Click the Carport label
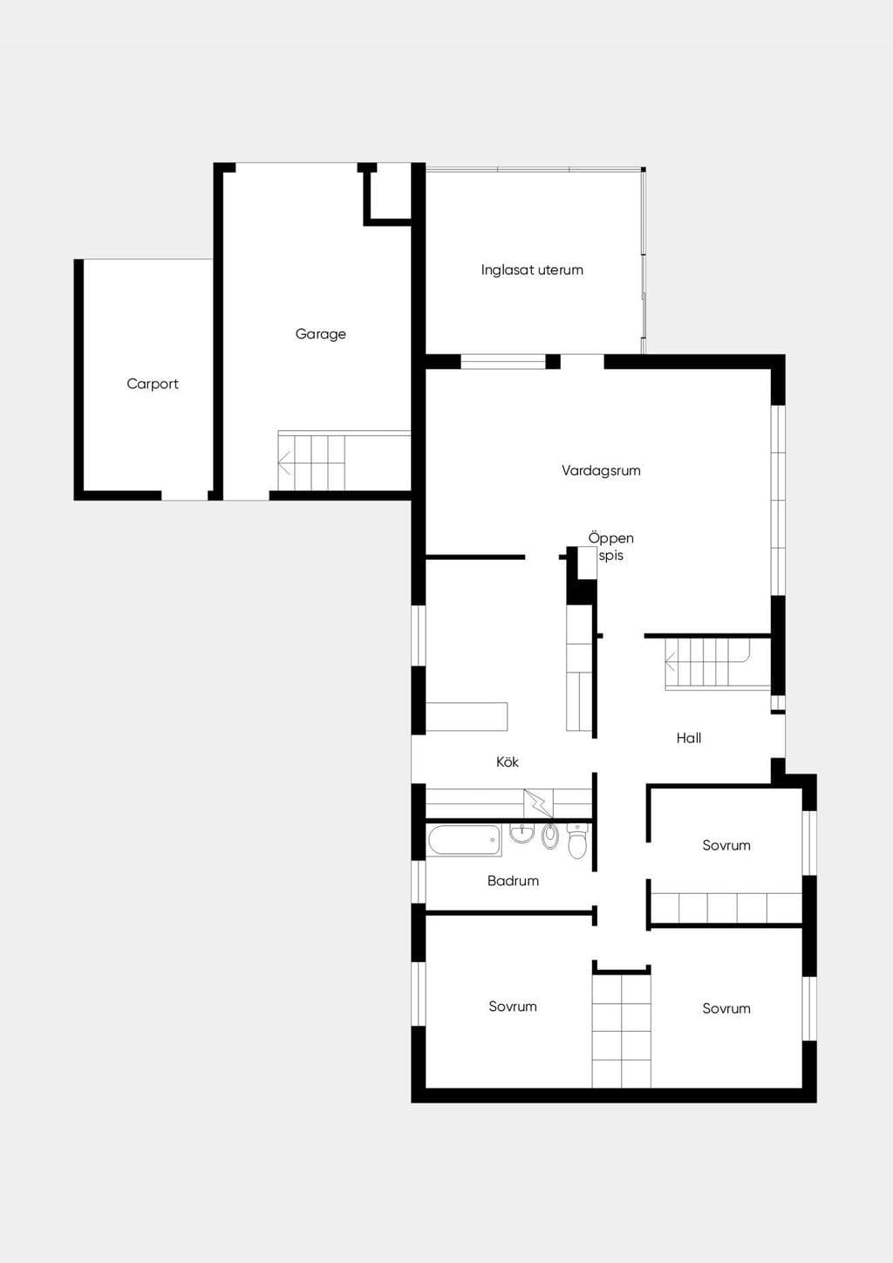pos(153,384)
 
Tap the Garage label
pos(320,334)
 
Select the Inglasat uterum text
pos(532,270)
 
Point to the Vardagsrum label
pos(601,471)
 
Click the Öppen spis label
pos(611,547)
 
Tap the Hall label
pos(689,738)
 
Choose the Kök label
pos(508,762)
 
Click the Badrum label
pos(513,881)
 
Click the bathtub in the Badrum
pos(464,840)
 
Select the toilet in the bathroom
pos(577,840)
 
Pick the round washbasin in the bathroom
pos(522,833)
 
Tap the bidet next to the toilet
pos(549,836)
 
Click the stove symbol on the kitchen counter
pos(538,803)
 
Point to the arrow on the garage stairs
pos(284,462)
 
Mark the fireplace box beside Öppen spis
pos(588,563)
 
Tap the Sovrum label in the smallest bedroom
pos(726,845)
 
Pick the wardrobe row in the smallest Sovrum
pos(726,908)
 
